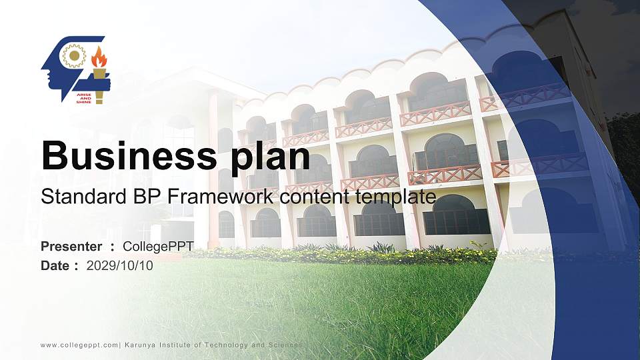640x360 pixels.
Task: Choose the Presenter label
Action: click(71, 247)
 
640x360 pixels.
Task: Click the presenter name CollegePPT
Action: click(158, 247)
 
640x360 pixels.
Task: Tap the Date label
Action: click(56, 266)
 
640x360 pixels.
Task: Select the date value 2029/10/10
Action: click(120, 266)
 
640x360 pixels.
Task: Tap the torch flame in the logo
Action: click(99, 58)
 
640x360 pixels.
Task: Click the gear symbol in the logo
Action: click(73, 56)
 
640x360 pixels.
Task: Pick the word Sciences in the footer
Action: click(285, 345)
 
